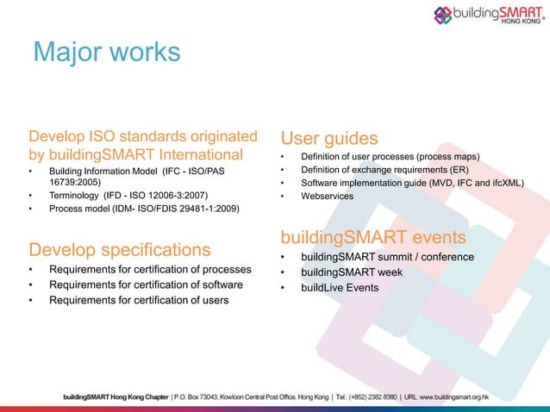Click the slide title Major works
coord(105,52)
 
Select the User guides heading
coord(328,137)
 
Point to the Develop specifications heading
coord(120,250)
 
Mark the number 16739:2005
coord(89,183)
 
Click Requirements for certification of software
coord(146,284)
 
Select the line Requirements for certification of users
coord(139,300)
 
